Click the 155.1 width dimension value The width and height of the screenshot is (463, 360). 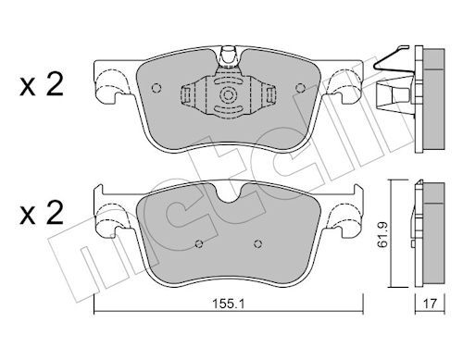[x=229, y=304]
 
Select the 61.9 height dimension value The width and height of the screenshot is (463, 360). [x=382, y=234]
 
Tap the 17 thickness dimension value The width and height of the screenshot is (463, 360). [x=430, y=304]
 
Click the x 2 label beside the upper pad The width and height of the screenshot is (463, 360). [x=42, y=84]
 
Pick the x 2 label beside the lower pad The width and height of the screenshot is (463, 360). [x=42, y=213]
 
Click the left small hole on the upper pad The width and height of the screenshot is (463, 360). [x=156, y=88]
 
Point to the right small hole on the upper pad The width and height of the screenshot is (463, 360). [x=300, y=88]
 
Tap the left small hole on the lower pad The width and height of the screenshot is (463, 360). [x=199, y=244]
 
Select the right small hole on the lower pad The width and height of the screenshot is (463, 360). [x=258, y=244]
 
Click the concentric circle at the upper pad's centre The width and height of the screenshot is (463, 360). [x=228, y=94]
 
